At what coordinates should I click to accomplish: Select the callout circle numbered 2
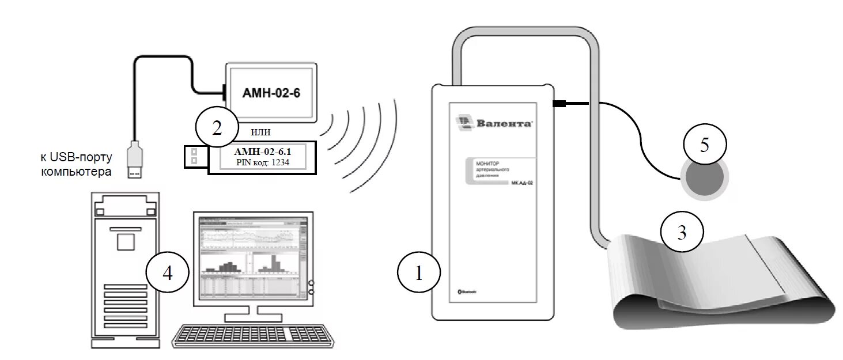click(x=217, y=128)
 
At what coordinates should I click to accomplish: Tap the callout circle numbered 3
click(x=682, y=233)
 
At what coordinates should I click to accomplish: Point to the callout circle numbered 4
click(x=167, y=274)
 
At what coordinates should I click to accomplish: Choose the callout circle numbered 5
click(x=705, y=145)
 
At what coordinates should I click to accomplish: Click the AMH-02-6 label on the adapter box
click(x=271, y=93)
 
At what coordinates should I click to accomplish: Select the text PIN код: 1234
click(x=262, y=163)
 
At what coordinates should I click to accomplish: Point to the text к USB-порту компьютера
click(x=76, y=164)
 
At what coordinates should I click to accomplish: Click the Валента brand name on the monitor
click(x=503, y=123)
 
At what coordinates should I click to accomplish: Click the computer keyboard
click(x=254, y=336)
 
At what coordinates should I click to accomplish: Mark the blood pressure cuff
click(x=720, y=282)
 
